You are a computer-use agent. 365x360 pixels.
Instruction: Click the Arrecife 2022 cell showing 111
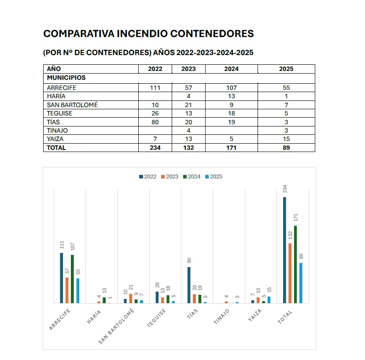(x=155, y=88)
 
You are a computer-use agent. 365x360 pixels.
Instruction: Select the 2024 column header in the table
(x=231, y=69)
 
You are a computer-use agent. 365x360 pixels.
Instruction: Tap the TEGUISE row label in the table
(x=59, y=113)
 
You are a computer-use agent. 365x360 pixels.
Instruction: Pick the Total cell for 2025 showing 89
(x=286, y=148)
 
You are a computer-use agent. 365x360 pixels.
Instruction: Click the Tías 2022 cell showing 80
(x=155, y=122)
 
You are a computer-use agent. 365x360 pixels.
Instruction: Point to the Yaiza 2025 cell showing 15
(x=286, y=139)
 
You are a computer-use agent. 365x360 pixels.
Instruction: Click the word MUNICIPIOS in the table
(x=66, y=78)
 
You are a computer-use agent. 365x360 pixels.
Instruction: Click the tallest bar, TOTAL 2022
(x=284, y=250)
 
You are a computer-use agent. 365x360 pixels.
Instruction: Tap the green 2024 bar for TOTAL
(x=295, y=264)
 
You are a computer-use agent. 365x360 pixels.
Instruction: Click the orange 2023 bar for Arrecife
(x=67, y=290)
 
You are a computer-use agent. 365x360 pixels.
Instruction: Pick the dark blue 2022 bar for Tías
(x=189, y=285)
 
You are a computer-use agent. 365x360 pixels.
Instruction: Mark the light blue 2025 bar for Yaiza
(x=269, y=300)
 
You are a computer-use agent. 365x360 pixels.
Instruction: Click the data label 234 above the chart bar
(x=285, y=189)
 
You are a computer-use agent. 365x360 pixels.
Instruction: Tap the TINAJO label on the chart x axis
(x=222, y=317)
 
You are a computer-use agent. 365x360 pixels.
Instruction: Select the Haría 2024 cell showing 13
(x=231, y=96)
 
